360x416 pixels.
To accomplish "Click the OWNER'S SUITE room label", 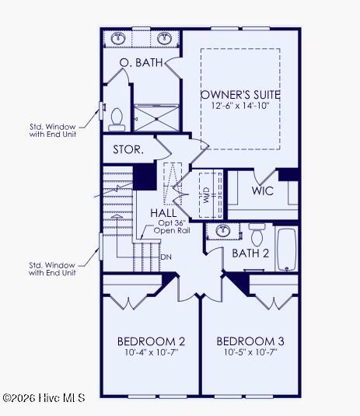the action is point(240,95).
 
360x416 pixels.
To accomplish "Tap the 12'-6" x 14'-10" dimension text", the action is point(240,106).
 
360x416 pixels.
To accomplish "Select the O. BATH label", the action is point(141,63).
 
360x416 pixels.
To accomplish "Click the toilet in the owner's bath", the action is point(117,120).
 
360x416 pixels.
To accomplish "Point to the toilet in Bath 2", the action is point(257,234).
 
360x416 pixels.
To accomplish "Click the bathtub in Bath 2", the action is point(286,249).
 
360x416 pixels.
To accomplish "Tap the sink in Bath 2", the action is point(222,231).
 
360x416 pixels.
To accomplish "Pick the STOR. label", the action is point(128,149).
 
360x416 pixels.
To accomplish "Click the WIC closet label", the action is point(262,191).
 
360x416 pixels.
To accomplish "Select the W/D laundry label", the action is point(206,195).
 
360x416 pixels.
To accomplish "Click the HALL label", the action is point(163,213).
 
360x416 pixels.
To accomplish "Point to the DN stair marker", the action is point(166,257).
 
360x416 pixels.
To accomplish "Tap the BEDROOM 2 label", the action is point(151,341).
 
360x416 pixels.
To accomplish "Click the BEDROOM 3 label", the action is point(250,341).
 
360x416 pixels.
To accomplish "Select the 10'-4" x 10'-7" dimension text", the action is point(151,352).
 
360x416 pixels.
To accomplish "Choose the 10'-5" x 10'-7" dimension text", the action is point(250,352).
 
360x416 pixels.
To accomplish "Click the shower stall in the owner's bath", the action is point(156,117).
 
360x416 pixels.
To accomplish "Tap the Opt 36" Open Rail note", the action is point(172,226).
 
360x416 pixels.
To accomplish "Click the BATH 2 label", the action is point(250,253).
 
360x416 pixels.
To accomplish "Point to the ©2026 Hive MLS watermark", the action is point(44,398).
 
